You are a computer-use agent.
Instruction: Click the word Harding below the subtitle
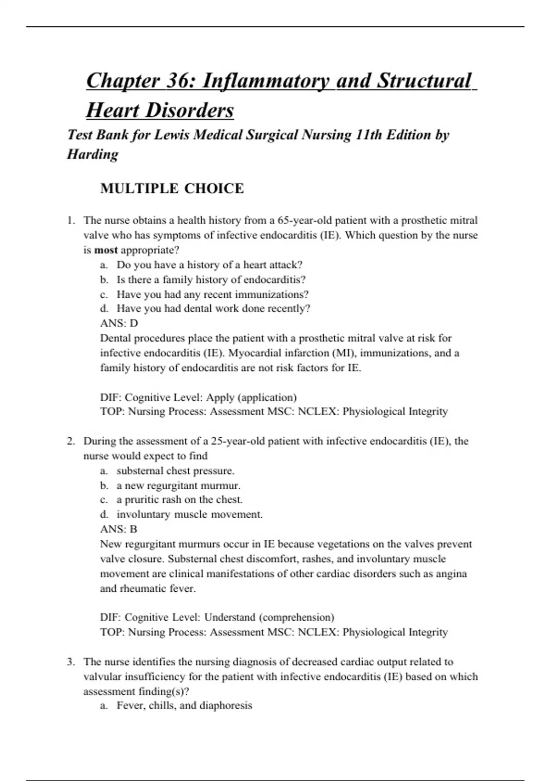(x=93, y=154)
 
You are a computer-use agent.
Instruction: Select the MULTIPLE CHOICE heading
(x=172, y=188)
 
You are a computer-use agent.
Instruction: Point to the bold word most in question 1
(x=106, y=250)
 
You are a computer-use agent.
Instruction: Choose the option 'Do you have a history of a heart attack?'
(x=209, y=265)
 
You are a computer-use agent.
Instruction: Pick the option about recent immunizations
(x=213, y=294)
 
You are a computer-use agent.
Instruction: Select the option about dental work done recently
(x=214, y=309)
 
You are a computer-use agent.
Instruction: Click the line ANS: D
(x=119, y=323)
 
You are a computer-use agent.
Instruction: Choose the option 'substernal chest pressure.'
(x=175, y=471)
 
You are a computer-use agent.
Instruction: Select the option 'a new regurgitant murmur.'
(x=179, y=486)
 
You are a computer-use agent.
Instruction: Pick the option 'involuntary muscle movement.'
(x=190, y=515)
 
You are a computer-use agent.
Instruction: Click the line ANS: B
(x=118, y=529)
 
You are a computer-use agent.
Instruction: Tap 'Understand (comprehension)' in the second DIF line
(x=269, y=617)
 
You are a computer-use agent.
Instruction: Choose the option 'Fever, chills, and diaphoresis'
(x=184, y=706)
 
